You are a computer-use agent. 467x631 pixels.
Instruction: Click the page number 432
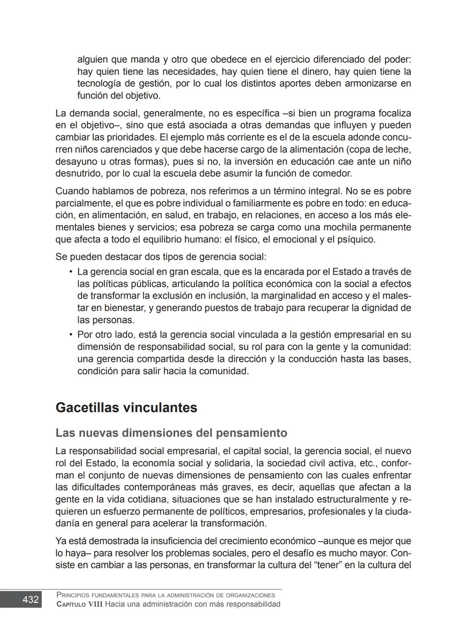[x=30, y=599]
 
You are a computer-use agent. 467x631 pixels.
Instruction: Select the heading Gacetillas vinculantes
[x=126, y=407]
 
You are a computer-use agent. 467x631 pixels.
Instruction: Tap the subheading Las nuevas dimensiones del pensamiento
[x=171, y=433]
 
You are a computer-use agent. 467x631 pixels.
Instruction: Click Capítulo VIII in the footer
[x=80, y=604]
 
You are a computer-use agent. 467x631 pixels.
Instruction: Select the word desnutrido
[x=77, y=173]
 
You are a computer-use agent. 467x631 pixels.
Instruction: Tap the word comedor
[x=333, y=173]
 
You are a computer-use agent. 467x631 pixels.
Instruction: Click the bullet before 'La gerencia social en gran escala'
[x=70, y=272]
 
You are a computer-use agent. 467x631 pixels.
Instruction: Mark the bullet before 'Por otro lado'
[x=70, y=335]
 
